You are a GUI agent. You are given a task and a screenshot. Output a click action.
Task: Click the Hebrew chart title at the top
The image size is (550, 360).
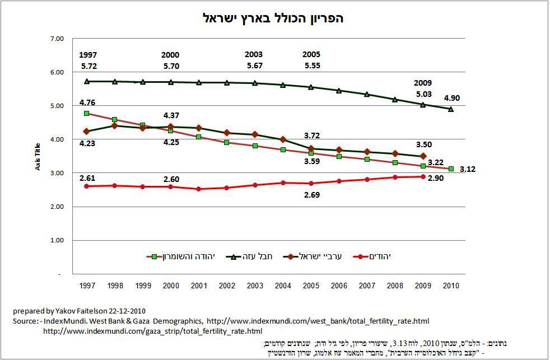tap(273, 18)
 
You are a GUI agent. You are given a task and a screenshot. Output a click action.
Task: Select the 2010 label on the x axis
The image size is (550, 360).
tap(451, 286)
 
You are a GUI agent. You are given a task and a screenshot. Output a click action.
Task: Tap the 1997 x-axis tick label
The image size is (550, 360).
tap(87, 286)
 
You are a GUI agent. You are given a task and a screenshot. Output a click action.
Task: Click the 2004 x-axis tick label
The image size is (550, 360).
tap(283, 286)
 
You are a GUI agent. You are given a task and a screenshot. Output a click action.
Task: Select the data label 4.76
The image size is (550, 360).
tap(87, 102)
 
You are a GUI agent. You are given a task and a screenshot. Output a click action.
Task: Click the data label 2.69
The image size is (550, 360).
tap(311, 195)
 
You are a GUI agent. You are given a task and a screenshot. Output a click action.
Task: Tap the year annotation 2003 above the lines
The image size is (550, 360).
tap(254, 55)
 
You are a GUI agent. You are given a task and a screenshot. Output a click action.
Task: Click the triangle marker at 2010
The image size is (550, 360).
tap(451, 109)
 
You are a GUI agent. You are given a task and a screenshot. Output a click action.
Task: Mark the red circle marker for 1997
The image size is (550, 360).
tap(87, 186)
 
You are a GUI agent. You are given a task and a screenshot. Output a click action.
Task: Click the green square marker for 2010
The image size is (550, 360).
tap(451, 169)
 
